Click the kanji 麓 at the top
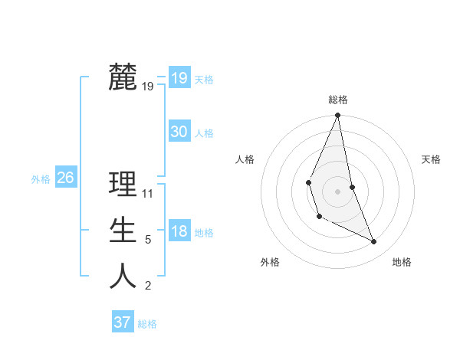coord(123,77)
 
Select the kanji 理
coord(123,185)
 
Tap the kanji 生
coord(123,231)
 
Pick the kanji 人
coord(123,277)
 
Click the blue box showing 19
coord(179,78)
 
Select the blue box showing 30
coord(179,132)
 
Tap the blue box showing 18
coord(179,231)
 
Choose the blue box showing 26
coord(65,178)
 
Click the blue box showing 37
coord(122,322)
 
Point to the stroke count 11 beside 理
coord(148,194)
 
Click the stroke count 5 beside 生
coord(148,240)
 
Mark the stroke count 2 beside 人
coord(148,286)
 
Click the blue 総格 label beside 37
coord(147,324)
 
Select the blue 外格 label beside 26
coord(41,179)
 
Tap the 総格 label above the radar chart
coord(338,100)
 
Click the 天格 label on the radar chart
coord(431,159)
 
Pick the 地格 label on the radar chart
coord(402,262)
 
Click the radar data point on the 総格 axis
coord(338,116)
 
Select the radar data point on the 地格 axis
coord(374,241)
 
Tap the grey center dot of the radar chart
coord(338,191)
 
